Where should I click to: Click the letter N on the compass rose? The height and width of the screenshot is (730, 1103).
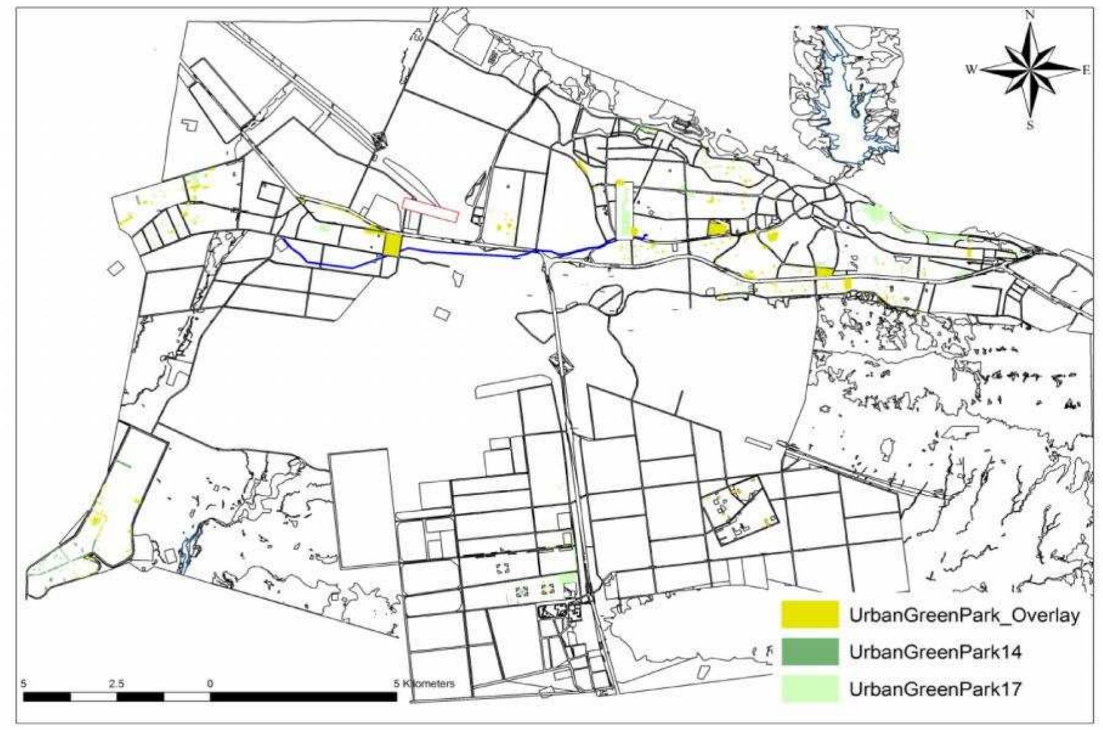coord(1030,16)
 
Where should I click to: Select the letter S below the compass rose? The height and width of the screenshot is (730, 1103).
coord(1030,126)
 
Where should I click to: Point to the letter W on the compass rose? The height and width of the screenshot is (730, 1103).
coord(971,70)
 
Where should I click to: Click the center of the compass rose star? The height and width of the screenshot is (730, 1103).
coord(1030,70)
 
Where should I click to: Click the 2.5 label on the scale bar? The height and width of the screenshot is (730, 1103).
coord(116,683)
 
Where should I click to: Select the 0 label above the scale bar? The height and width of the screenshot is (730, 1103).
coord(211,683)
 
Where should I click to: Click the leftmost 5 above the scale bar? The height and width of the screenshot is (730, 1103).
coord(24,683)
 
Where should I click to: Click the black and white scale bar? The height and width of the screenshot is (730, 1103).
coord(210,696)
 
